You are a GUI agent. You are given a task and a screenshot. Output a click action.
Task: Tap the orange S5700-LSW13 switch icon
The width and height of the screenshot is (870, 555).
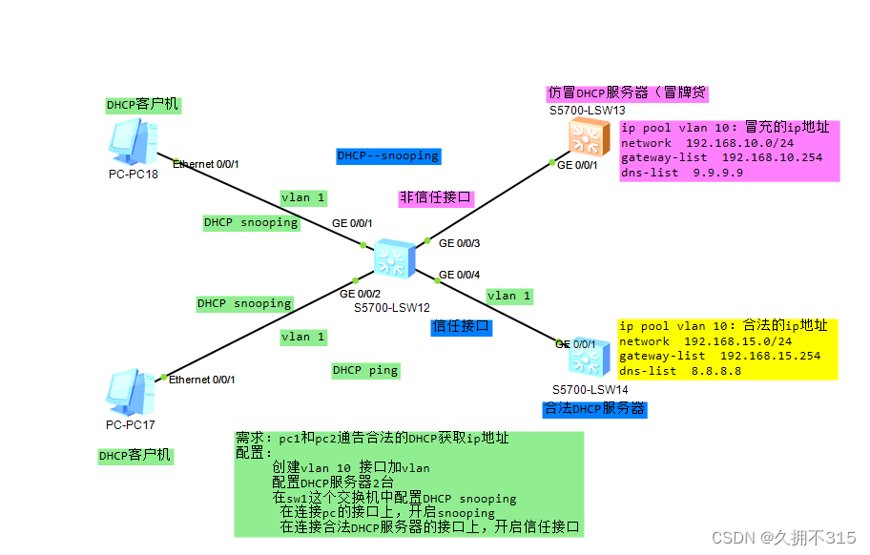pos(583,137)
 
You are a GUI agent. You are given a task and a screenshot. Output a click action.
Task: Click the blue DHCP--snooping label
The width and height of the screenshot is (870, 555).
pos(387,155)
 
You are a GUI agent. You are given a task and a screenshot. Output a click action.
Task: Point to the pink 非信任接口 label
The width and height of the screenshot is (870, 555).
pos(436,198)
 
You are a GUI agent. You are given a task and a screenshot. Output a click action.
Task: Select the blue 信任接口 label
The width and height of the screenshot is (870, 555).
pos(461,326)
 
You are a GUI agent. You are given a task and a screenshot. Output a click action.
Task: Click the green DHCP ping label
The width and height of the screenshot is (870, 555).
pos(365,370)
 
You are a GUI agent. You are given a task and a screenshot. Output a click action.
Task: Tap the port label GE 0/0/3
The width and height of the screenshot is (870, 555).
pos(459,243)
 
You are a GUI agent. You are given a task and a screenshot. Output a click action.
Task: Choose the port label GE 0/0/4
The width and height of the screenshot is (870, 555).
pos(459,276)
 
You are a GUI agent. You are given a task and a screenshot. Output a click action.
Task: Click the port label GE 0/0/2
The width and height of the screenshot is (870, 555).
pos(360,294)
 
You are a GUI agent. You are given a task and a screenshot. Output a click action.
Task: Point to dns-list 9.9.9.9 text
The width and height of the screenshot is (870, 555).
pos(681,173)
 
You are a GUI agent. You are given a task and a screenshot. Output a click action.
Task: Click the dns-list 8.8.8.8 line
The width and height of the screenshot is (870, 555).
pos(680,370)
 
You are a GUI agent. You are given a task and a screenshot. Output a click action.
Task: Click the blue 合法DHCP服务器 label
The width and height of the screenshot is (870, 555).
pos(593,409)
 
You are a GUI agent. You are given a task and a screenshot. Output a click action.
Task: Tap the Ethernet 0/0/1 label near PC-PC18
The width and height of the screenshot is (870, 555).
pos(205,164)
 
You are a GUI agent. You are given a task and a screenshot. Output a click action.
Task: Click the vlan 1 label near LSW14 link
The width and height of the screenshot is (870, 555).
pos(508,296)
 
